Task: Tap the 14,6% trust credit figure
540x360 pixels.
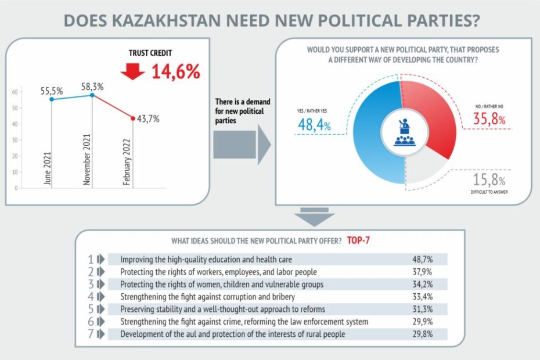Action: pyautogui.click(x=176, y=71)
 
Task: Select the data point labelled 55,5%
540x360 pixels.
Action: pyautogui.click(x=52, y=99)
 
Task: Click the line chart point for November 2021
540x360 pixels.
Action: pyautogui.click(x=92, y=95)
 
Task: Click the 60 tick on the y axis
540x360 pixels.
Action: pyautogui.click(x=15, y=92)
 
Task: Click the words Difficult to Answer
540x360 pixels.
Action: pyautogui.click(x=487, y=191)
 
